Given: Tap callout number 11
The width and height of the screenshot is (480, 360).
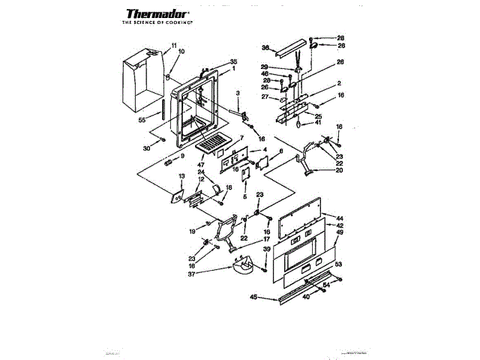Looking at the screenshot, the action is coord(175,46).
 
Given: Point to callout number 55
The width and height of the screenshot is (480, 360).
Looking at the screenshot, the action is coord(142,119).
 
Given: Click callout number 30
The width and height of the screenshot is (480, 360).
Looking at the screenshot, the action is coord(147,148).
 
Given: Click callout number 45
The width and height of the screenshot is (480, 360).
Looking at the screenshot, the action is coord(253,298).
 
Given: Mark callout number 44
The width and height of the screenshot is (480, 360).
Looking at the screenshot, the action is coord(340,217).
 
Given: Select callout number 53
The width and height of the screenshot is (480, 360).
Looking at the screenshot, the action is coord(338,265).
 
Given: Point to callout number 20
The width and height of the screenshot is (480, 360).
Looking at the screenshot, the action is coord(339,170).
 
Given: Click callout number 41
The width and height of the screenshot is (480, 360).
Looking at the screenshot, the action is coord(318,122).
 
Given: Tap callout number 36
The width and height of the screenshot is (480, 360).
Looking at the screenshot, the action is coord(265,47).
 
